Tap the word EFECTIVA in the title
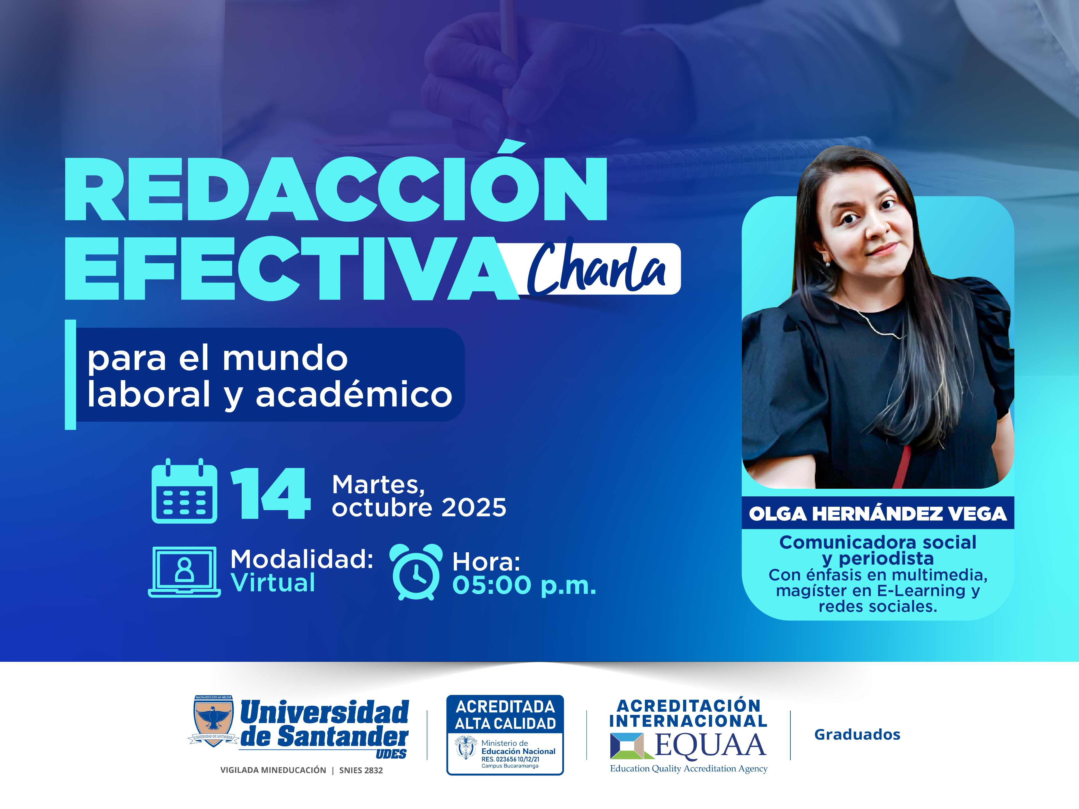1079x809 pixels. pos(292,268)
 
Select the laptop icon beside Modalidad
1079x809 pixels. pos(184,572)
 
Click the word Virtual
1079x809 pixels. pos(273,583)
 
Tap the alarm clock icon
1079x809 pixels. pos(416,572)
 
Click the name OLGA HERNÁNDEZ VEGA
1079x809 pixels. pos(878,513)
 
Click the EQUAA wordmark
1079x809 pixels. pos(710,745)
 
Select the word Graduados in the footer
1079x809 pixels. pos(857,734)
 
